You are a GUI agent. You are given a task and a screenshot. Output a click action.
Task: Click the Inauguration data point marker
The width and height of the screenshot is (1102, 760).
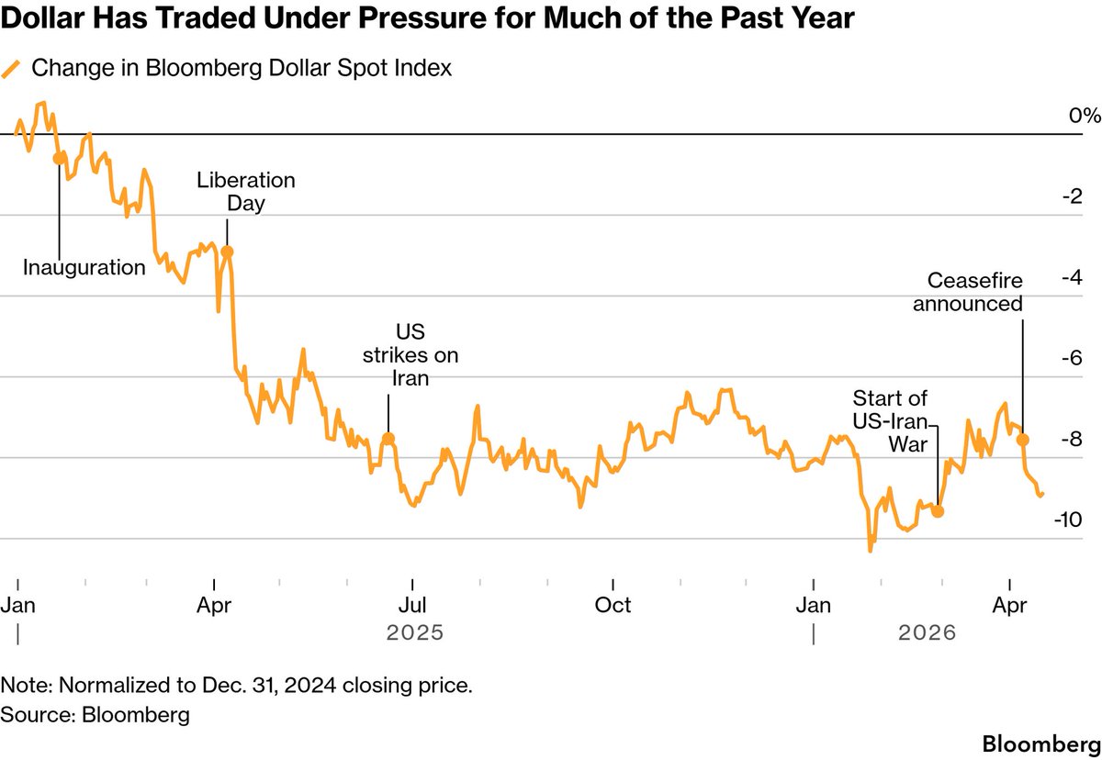click(x=60, y=158)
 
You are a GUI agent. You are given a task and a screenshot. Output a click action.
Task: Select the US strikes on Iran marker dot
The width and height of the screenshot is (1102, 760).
click(x=388, y=439)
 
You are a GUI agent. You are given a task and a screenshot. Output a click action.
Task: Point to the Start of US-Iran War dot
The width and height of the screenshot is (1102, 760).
click(x=938, y=511)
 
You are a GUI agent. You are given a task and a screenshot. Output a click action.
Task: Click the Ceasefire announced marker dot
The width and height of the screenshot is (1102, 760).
click(x=1023, y=440)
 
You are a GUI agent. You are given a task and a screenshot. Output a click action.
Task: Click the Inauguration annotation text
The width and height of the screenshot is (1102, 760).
click(x=84, y=268)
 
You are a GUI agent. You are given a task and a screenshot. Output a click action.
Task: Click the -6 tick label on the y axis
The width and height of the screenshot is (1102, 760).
click(x=1069, y=358)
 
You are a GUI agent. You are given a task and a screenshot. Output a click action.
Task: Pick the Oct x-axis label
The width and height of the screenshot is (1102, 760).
click(x=613, y=605)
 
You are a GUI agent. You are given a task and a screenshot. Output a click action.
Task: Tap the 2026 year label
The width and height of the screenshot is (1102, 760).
click(x=927, y=633)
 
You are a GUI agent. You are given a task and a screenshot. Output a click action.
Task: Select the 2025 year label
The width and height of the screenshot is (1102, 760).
click(x=415, y=633)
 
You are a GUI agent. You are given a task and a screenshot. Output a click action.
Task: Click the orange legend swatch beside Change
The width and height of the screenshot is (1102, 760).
click(x=12, y=69)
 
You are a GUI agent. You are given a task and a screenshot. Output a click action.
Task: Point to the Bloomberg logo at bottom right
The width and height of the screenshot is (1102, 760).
click(x=1035, y=741)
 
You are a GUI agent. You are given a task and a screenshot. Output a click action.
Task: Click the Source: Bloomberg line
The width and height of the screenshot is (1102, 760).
click(x=96, y=713)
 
